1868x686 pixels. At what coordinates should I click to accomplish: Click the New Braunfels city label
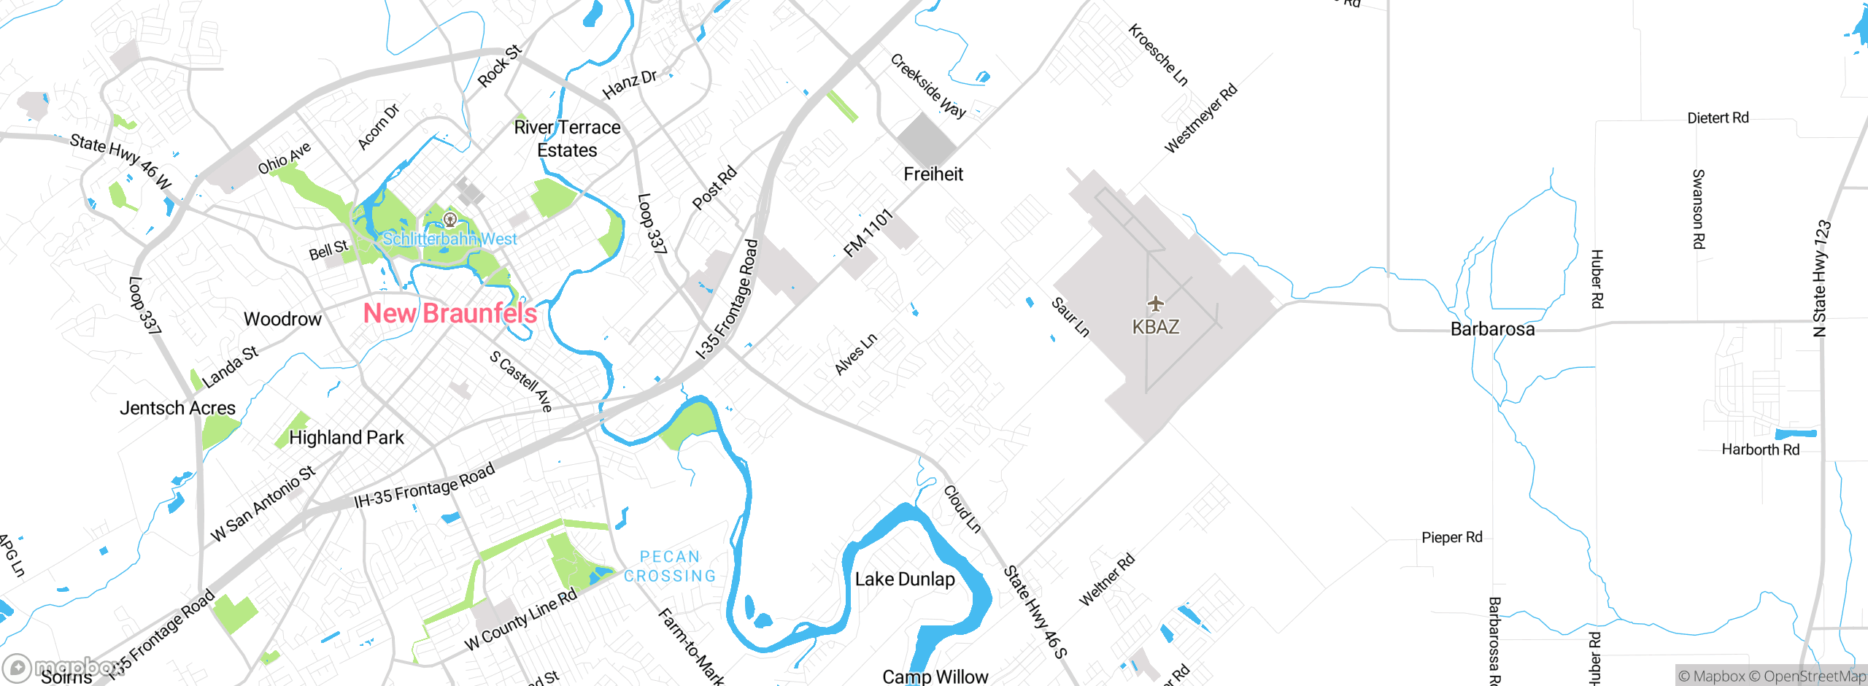(450, 314)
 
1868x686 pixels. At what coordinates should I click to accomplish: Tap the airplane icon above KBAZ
(1155, 303)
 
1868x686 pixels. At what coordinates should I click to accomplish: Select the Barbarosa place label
(1492, 329)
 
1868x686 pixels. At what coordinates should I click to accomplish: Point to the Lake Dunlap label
(905, 579)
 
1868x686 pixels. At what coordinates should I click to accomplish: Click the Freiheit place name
(933, 174)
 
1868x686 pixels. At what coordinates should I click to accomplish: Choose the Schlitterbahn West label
(449, 239)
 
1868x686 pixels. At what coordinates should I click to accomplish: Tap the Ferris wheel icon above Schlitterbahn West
(450, 219)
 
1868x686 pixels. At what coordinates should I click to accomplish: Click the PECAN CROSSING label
(670, 566)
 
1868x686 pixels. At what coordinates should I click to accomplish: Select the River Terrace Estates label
(567, 139)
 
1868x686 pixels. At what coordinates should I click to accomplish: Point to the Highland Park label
(346, 438)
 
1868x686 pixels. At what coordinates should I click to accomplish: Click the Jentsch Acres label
(177, 408)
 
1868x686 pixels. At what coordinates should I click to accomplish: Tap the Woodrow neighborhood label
(282, 319)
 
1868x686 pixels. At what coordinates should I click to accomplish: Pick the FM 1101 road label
(868, 233)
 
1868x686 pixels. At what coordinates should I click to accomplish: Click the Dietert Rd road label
(1718, 118)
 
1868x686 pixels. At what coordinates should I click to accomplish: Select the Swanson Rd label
(1699, 209)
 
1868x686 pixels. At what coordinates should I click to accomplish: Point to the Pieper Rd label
(1451, 538)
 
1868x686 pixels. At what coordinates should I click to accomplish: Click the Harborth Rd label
(1760, 450)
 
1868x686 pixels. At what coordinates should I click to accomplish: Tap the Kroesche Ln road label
(1158, 55)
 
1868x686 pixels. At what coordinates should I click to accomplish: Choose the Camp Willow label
(935, 677)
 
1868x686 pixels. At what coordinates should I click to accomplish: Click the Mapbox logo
(62, 668)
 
